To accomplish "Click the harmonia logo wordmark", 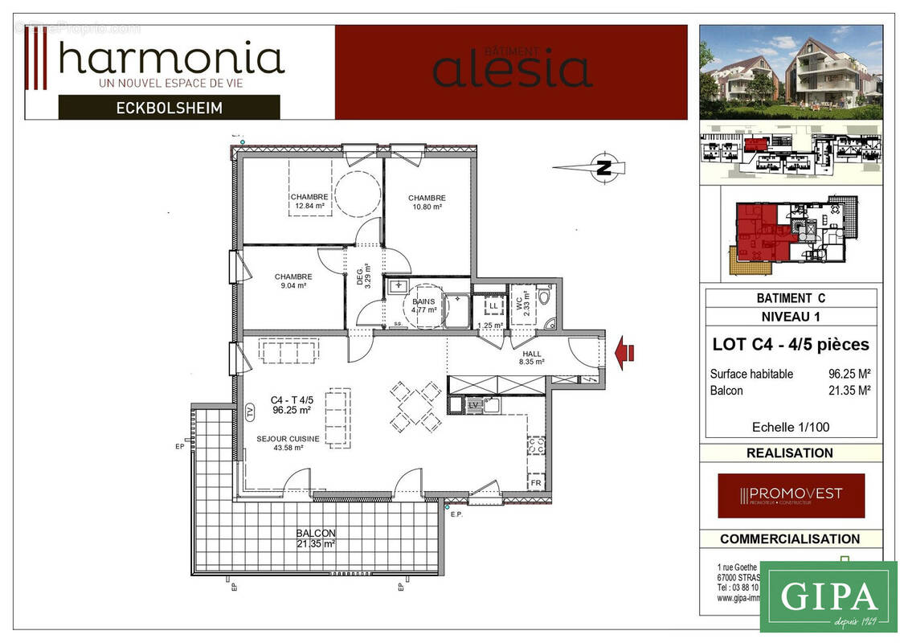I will pyautogui.click(x=171, y=59).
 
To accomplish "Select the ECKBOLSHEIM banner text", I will pyautogui.click(x=169, y=107).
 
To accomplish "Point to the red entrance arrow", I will pyautogui.click(x=624, y=352).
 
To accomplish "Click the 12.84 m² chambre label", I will pyautogui.click(x=309, y=201).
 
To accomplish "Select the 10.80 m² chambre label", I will pyautogui.click(x=427, y=202).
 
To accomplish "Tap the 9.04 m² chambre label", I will pyautogui.click(x=292, y=281).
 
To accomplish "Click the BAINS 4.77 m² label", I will pyautogui.click(x=423, y=305).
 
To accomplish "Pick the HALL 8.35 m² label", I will pyautogui.click(x=531, y=358).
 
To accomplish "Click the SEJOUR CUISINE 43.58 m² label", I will pyautogui.click(x=288, y=443).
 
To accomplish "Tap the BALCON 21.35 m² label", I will pyautogui.click(x=315, y=538).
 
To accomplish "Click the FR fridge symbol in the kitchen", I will pyautogui.click(x=535, y=482).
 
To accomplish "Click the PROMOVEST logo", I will pyautogui.click(x=791, y=494).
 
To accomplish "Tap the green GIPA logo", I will pyautogui.click(x=828, y=596).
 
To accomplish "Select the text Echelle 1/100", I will pyautogui.click(x=791, y=427).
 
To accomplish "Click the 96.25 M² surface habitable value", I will pyautogui.click(x=850, y=374).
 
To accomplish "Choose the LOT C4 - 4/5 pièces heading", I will pyautogui.click(x=791, y=344).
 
